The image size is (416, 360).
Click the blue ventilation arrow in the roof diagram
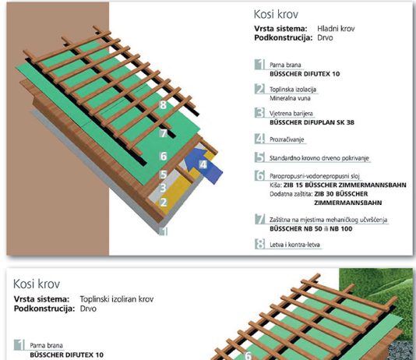(x=203, y=165)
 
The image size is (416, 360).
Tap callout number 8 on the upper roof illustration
(x=163, y=105)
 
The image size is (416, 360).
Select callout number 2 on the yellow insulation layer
(x=164, y=203)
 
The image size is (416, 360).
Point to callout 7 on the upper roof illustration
(x=164, y=133)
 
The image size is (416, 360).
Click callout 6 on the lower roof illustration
(x=248, y=355)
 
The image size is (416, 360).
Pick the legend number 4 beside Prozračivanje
(x=259, y=139)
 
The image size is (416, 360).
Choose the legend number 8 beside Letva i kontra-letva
(x=259, y=244)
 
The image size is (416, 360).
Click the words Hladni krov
(x=336, y=29)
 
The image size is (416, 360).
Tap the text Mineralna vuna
(x=290, y=98)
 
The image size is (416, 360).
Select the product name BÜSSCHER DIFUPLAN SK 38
(x=312, y=122)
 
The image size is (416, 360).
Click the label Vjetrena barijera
(x=291, y=114)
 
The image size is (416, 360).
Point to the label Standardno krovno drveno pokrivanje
(x=319, y=158)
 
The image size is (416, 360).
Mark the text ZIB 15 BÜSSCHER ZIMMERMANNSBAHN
(x=345, y=185)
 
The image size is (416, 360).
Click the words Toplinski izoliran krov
(x=117, y=299)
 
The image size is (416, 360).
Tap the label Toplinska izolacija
(x=293, y=90)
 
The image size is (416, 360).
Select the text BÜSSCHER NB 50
(x=296, y=228)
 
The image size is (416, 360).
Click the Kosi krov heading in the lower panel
(x=37, y=284)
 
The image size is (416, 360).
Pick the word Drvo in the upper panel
(x=325, y=37)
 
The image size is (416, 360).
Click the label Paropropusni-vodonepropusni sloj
(x=315, y=176)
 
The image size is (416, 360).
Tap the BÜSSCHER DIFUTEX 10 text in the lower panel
(x=66, y=355)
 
